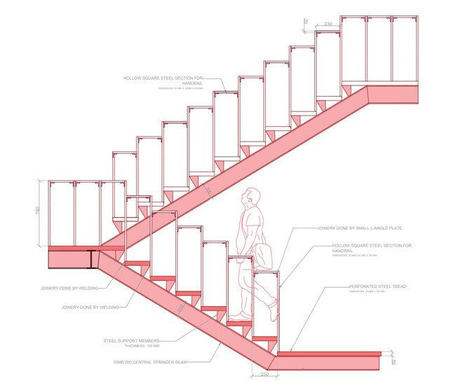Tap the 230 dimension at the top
point(328,25)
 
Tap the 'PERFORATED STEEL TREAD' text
point(379,287)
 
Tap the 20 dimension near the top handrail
point(306,22)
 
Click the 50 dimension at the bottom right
point(395,361)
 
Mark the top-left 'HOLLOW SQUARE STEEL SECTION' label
point(163,78)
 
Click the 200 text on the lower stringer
point(182,307)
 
